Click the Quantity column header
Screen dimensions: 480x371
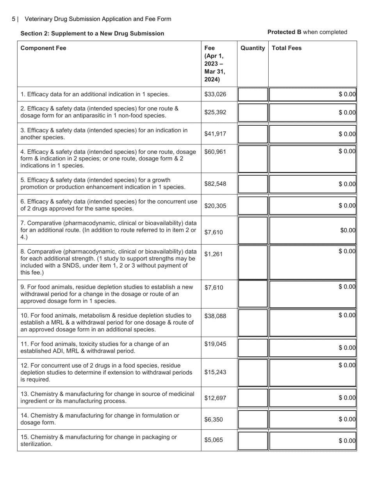tap(253, 48)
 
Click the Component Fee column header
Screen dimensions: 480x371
tap(43, 48)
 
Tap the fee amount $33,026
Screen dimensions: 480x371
tap(215, 94)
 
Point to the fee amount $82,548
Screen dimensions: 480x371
tap(215, 184)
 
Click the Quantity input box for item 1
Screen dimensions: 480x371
tap(253, 94)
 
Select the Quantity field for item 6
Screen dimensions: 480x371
tap(253, 205)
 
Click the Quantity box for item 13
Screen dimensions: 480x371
tap(253, 398)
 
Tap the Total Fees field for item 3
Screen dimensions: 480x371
tap(312, 134)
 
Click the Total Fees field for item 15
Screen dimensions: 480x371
tap(312, 441)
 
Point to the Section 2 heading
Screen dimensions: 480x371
tap(92, 34)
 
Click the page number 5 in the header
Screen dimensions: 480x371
tap(14, 19)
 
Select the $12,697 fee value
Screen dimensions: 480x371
tap(215, 398)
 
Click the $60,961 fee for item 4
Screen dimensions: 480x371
tap(215, 151)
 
